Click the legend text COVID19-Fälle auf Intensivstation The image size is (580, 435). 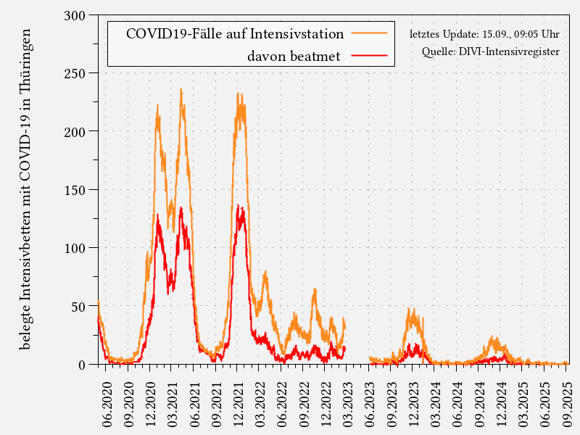[234, 34]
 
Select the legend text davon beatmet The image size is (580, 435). [294, 56]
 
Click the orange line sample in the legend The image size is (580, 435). [370, 33]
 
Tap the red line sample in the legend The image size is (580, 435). [370, 55]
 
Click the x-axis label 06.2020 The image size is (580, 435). [107, 395]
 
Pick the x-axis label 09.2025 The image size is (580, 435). [567, 395]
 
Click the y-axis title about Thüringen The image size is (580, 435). [25, 188]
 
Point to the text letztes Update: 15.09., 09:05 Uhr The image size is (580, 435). [484, 34]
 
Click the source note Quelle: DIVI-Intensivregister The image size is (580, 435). [491, 51]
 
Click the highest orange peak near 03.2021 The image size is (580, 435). [181, 90]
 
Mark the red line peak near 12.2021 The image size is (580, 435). [239, 206]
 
